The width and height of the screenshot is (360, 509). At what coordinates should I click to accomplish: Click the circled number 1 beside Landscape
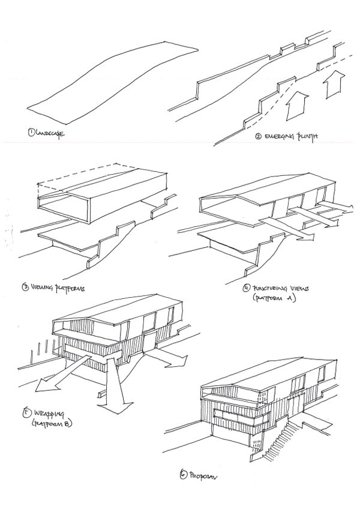pyautogui.click(x=30, y=131)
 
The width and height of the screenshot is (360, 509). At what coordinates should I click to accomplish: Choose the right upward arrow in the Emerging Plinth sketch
pyautogui.click(x=332, y=85)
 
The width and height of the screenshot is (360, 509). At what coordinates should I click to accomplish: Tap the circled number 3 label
pyautogui.click(x=25, y=287)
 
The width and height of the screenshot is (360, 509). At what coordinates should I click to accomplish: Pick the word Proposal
pyautogui.click(x=202, y=477)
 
